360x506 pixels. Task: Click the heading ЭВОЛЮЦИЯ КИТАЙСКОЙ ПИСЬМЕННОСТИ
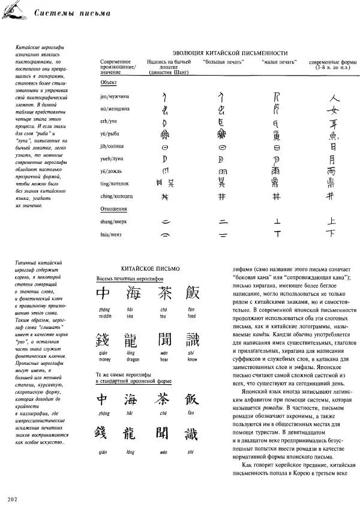[x=230, y=53]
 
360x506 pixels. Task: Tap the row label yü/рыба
[x=112, y=134]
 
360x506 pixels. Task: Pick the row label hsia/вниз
[x=113, y=234]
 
